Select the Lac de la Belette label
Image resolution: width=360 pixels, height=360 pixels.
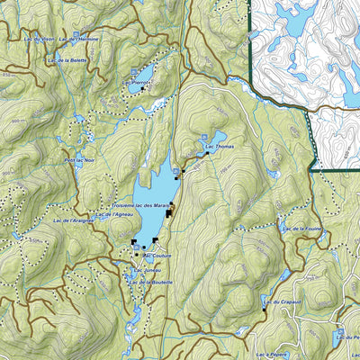coord(66,59)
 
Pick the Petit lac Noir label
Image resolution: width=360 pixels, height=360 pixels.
coord(78,160)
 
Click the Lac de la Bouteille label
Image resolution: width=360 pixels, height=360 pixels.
coord(149,283)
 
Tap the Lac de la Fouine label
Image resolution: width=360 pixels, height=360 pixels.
coord(301,229)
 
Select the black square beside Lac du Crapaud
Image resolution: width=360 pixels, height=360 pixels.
coord(265,310)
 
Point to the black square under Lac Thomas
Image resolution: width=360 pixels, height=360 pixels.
coord(207,153)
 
